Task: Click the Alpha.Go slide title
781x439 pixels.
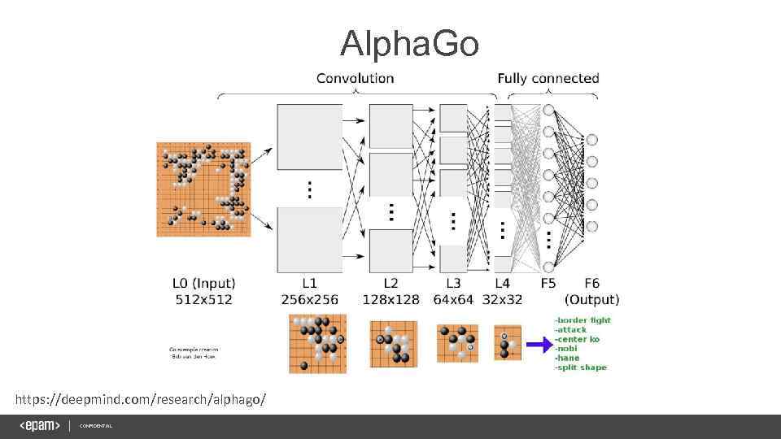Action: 409,44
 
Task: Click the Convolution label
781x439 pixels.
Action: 355,78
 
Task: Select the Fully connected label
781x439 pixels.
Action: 548,78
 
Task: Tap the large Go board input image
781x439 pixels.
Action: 203,189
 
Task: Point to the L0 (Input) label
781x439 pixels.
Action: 203,284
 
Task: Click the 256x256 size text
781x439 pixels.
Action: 309,299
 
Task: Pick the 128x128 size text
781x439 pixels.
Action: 390,299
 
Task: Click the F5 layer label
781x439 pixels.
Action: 549,284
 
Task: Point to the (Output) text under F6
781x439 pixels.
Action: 591,299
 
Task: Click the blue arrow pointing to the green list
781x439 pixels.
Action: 538,345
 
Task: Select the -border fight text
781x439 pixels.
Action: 582,320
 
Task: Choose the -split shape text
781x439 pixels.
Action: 580,367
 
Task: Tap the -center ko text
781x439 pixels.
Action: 577,339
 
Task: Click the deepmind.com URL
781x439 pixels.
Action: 140,400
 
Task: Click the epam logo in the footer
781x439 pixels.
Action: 40,426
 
